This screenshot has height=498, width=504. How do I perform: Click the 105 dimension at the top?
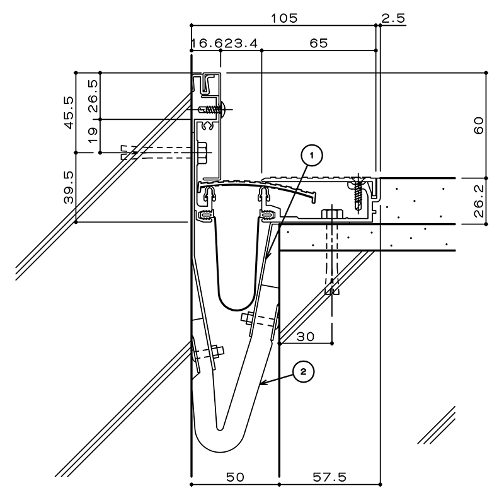(285, 18)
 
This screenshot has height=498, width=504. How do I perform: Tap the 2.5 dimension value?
(393, 18)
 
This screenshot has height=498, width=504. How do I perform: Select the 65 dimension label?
(319, 43)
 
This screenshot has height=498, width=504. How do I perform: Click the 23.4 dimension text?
(241, 43)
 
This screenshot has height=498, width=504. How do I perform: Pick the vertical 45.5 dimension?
(69, 113)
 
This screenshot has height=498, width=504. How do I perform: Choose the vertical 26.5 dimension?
(93, 96)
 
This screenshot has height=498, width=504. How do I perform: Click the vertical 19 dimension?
(93, 136)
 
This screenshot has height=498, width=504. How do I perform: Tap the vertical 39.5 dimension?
(69, 187)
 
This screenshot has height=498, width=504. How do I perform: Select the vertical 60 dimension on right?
(479, 125)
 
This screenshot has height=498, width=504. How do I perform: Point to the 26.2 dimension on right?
(479, 200)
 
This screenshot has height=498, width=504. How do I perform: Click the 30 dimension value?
(306, 337)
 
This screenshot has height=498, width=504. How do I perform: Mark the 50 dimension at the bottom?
(235, 477)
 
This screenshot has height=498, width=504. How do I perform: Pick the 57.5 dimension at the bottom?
(329, 477)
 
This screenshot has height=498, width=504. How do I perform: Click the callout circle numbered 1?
(311, 156)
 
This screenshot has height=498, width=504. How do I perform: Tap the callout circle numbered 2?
(303, 372)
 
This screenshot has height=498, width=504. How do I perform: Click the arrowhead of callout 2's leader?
(261, 383)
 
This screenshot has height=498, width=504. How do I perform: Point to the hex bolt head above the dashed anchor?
(332, 214)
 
